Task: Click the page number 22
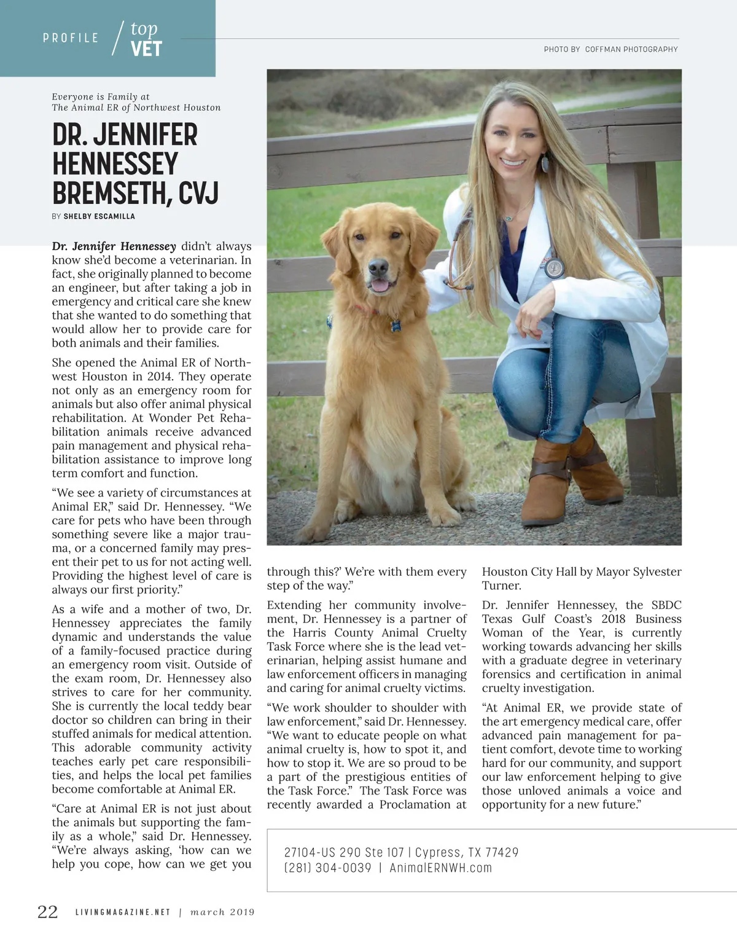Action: pos(47,911)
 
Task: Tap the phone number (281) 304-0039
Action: pos(327,868)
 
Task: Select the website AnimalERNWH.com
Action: pos(441,868)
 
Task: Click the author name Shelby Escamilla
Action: pos(99,216)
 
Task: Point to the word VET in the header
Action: pos(146,49)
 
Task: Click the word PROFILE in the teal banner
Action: pos(71,38)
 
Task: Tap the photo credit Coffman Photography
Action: pos(631,49)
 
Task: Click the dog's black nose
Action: pos(378,267)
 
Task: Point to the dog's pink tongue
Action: pos(380,285)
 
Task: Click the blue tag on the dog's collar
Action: pos(396,325)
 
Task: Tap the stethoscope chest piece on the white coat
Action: pos(554,269)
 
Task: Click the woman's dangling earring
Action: pos(544,164)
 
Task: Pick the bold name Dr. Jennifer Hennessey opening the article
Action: pos(114,246)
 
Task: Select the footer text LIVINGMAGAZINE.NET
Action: pos(122,912)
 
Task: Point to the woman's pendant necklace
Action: pos(509,217)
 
